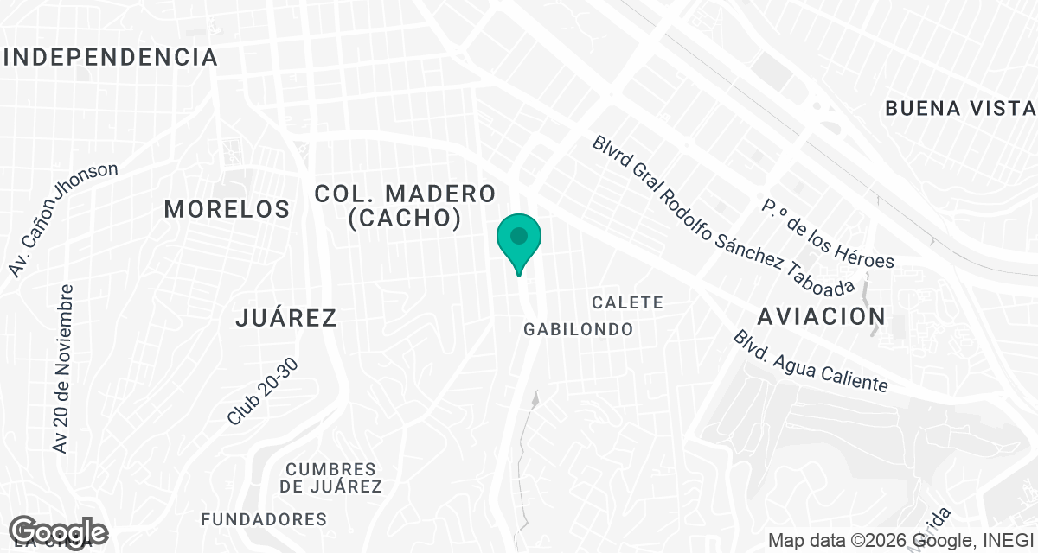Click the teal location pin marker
(x=518, y=243)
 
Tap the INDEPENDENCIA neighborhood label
(x=111, y=58)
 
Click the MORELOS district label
(x=227, y=209)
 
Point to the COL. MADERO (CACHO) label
(x=405, y=206)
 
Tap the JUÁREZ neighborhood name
(x=285, y=318)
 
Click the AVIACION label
(x=821, y=316)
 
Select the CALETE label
(x=628, y=302)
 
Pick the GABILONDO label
(x=579, y=329)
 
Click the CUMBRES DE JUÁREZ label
(x=331, y=478)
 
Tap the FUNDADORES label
(x=264, y=519)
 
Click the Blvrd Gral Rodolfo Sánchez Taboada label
(x=723, y=215)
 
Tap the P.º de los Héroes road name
(x=827, y=233)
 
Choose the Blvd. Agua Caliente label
(x=810, y=361)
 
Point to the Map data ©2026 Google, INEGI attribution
(x=900, y=541)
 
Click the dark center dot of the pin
(x=518, y=235)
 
